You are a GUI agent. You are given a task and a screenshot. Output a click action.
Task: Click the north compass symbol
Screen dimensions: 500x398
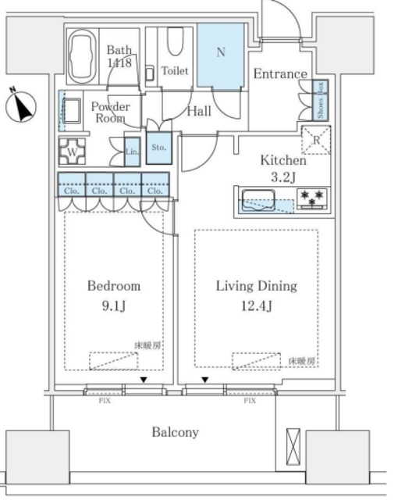22,106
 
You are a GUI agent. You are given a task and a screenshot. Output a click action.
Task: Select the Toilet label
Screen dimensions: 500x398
175,71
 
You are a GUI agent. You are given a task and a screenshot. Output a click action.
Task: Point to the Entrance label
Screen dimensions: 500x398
279,74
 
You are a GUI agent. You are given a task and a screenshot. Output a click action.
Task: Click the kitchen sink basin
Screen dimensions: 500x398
258,201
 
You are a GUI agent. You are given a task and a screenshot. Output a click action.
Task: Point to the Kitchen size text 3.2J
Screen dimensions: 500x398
283,177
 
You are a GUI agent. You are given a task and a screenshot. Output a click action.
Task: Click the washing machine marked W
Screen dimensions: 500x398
72,152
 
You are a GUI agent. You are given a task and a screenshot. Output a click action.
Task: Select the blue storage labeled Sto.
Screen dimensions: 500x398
158,147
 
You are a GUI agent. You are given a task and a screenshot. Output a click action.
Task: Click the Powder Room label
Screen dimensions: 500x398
110,112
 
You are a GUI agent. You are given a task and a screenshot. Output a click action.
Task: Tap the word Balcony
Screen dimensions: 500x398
175,432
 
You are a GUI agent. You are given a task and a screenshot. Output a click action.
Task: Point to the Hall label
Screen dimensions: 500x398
199,112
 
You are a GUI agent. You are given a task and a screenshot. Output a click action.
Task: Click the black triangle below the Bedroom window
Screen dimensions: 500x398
143,380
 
